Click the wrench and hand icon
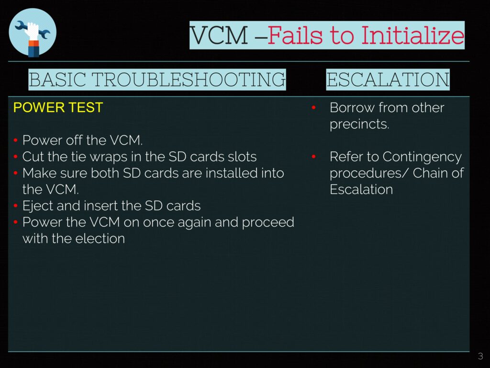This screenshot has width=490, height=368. coord(33,33)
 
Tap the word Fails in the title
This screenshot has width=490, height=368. coord(295,35)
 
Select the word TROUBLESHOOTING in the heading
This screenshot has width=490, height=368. coord(189,80)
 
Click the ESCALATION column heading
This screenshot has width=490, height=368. coord(388,80)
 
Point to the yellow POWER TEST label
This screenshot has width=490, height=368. coord(58,108)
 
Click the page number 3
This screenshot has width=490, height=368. coord(480,356)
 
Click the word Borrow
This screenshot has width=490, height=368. coord(352,108)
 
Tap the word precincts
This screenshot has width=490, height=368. coord(359,125)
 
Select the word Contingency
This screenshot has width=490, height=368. coord(422,157)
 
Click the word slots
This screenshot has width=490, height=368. coord(242,157)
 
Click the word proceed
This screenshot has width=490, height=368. coord(268,223)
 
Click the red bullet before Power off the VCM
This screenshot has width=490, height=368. coord(15,140)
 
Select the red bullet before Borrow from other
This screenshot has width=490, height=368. coord(313,108)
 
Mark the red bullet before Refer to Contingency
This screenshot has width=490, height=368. coord(313,157)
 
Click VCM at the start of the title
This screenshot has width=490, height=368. coord(219,35)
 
